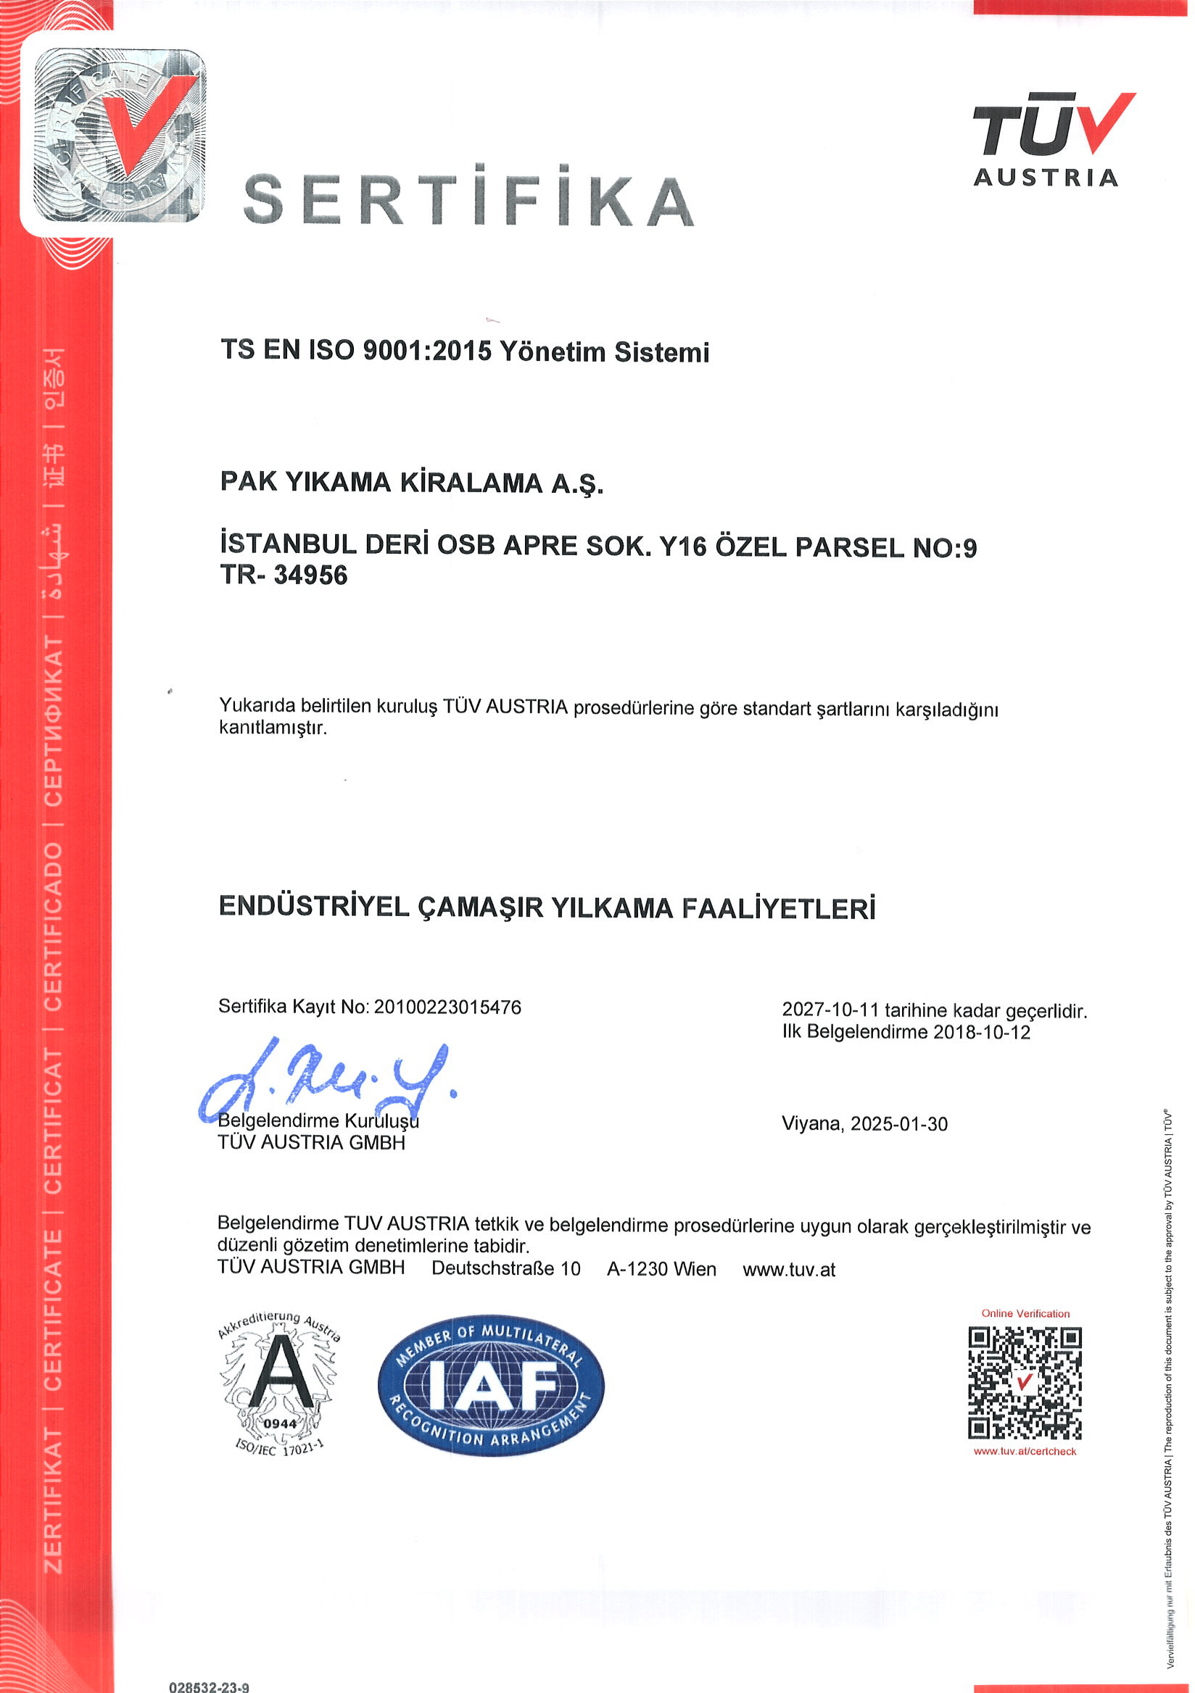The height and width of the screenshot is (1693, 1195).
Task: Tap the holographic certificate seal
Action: [120, 135]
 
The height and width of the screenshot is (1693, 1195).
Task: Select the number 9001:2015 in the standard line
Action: [427, 351]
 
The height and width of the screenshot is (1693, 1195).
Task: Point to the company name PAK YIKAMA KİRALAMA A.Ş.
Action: [412, 482]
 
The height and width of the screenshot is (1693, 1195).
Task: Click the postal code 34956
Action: [310, 575]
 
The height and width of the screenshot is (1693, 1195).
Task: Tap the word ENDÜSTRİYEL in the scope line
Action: [313, 906]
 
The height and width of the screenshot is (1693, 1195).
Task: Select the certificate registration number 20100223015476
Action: [447, 1007]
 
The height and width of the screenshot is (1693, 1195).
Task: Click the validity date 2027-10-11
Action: [830, 1010]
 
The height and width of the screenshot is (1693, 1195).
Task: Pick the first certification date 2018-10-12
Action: [981, 1031]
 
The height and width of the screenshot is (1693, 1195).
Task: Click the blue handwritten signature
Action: [325, 1081]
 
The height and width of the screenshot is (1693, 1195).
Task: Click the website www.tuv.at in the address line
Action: [788, 1269]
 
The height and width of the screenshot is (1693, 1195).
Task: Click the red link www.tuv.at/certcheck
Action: [1025, 1451]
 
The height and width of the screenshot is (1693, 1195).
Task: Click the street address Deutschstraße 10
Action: [506, 1268]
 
